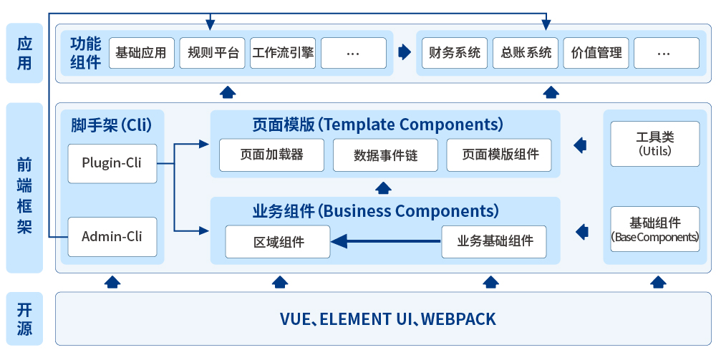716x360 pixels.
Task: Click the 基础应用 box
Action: tap(141, 53)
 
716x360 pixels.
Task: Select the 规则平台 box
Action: tap(212, 53)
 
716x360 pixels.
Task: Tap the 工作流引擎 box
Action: tap(283, 53)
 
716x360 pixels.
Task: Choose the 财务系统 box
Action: tap(454, 53)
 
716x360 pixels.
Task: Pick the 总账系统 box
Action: tap(525, 53)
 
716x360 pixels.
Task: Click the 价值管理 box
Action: tap(596, 53)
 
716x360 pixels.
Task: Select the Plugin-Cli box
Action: tap(112, 162)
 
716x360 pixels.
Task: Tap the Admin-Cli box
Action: tap(112, 236)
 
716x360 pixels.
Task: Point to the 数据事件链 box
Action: tap(384, 155)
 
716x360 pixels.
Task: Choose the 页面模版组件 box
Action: tap(499, 155)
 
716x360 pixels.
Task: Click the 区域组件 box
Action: tap(278, 241)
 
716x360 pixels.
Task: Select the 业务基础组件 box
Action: tap(493, 241)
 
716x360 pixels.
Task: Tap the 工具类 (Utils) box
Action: tap(654, 144)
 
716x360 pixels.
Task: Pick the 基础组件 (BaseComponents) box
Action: tap(654, 228)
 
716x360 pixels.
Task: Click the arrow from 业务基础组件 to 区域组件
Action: tap(387, 241)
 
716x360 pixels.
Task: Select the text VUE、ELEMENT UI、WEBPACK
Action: tap(387, 318)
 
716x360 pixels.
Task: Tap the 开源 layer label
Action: tap(24, 319)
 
